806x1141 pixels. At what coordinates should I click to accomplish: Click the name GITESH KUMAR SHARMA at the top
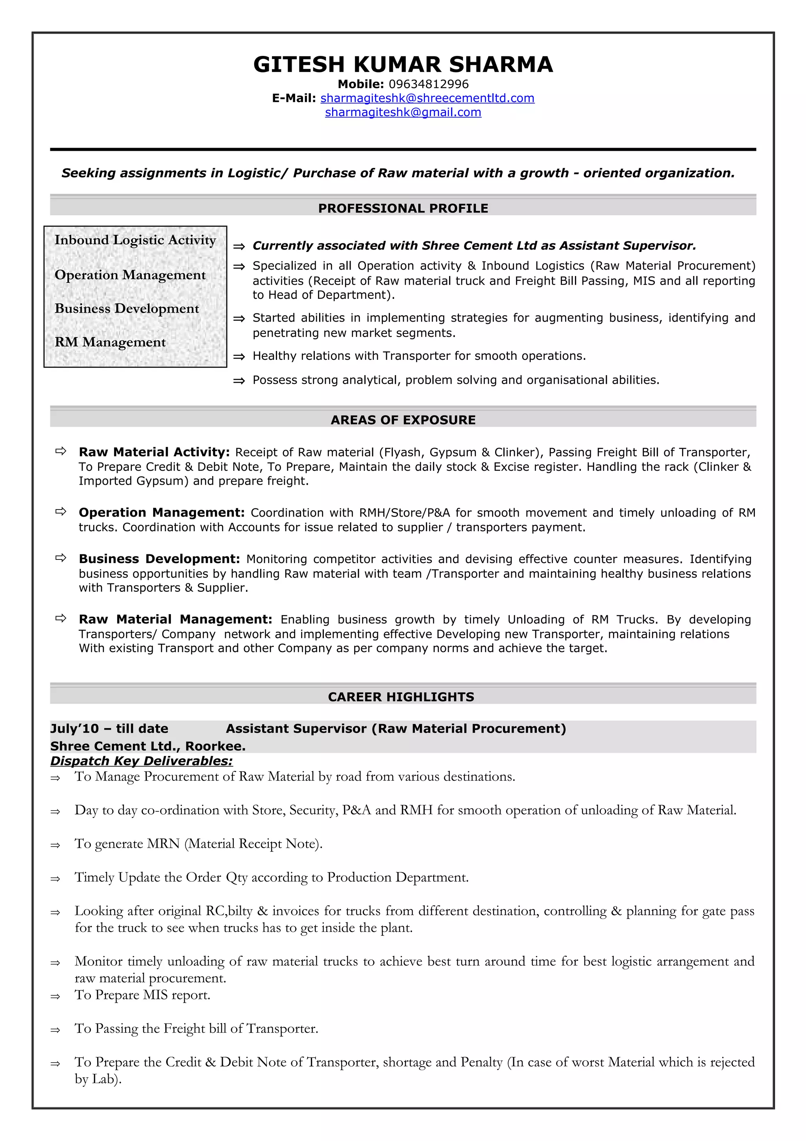point(403,65)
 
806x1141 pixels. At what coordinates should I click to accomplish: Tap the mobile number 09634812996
point(428,84)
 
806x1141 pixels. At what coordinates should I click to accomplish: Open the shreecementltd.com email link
point(427,98)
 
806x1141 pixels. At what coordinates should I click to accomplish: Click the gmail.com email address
point(403,112)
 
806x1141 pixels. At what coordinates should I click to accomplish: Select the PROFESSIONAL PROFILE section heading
point(403,208)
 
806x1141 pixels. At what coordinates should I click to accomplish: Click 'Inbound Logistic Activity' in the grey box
point(135,240)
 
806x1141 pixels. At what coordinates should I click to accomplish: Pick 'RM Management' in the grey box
point(110,343)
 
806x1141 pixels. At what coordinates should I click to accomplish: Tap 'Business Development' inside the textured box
point(127,309)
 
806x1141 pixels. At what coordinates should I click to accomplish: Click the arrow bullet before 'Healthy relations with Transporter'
point(239,356)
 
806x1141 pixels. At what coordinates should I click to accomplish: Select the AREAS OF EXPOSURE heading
point(403,420)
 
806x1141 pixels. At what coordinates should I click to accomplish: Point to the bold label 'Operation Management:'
point(161,512)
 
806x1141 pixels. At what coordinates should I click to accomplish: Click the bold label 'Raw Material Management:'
point(175,619)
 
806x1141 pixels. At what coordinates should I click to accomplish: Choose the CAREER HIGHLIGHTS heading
point(401,697)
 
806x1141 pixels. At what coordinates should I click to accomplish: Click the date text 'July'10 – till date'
point(109,728)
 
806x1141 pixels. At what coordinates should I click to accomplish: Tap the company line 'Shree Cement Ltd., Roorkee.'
point(148,746)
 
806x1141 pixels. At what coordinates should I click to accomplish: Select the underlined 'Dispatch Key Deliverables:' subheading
point(142,761)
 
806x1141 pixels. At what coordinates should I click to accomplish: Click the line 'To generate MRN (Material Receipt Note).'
point(199,844)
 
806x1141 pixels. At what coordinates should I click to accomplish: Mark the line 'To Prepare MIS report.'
point(142,995)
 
